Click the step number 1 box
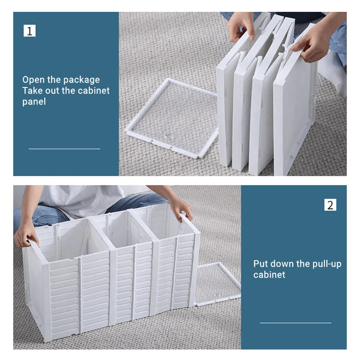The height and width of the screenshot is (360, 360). click(29, 31)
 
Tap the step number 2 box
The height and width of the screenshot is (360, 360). click(330, 205)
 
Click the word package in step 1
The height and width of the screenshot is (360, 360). click(81, 80)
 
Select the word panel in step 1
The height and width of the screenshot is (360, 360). click(34, 102)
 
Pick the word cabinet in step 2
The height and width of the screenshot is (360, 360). click(269, 275)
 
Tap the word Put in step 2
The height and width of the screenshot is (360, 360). click(260, 264)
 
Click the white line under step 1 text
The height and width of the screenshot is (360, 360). click(65, 149)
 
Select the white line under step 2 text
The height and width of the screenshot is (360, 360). click(295, 323)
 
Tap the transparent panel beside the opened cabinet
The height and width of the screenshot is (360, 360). click(217, 283)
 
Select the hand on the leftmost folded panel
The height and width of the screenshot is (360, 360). click(240, 26)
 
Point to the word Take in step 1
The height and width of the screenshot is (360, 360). click(32, 91)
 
